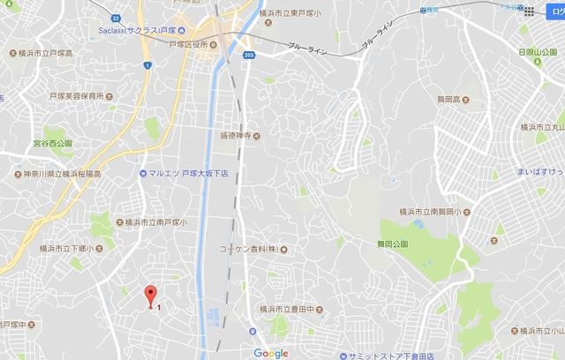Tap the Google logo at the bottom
coord(271,352)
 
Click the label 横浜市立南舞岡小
coord(433,213)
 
